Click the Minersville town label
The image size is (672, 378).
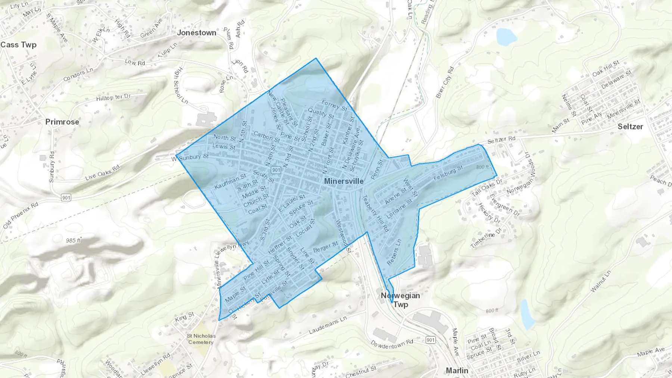tap(343, 181)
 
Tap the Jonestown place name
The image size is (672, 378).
tap(196, 33)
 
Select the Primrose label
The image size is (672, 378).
tap(62, 122)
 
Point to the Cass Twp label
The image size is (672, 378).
tap(18, 45)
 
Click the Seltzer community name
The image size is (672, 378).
tap(630, 126)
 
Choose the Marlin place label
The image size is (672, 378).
tap(457, 371)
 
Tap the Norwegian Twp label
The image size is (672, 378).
tap(400, 300)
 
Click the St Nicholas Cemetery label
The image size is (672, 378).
tap(201, 339)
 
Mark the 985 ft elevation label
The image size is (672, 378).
tap(73, 241)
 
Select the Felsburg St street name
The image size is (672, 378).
tap(448, 173)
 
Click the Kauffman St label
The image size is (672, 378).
tap(230, 181)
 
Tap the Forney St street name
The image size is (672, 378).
tap(334, 106)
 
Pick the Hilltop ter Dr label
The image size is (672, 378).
tap(113, 97)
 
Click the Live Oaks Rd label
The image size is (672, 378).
tap(102, 173)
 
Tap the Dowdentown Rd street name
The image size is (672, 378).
tap(392, 344)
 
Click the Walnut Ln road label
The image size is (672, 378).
tap(601, 281)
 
